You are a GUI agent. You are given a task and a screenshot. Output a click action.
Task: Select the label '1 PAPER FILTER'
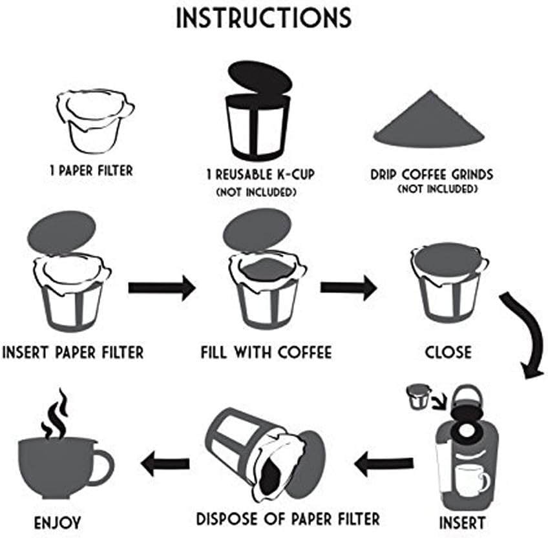point(91,171)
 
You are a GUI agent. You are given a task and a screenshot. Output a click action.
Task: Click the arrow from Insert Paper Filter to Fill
point(161,287)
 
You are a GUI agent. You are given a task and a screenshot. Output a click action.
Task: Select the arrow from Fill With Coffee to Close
point(348,286)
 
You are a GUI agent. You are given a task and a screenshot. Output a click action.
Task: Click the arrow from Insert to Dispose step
point(384,462)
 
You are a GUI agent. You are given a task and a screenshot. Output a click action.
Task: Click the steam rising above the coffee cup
point(54,413)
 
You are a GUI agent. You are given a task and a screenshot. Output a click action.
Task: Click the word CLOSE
point(448,353)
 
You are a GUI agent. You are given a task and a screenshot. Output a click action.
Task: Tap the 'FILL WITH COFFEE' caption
point(266,353)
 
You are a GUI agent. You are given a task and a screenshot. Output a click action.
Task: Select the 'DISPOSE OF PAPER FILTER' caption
point(288,518)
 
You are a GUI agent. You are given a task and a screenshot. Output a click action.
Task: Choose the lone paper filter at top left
point(94,123)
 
